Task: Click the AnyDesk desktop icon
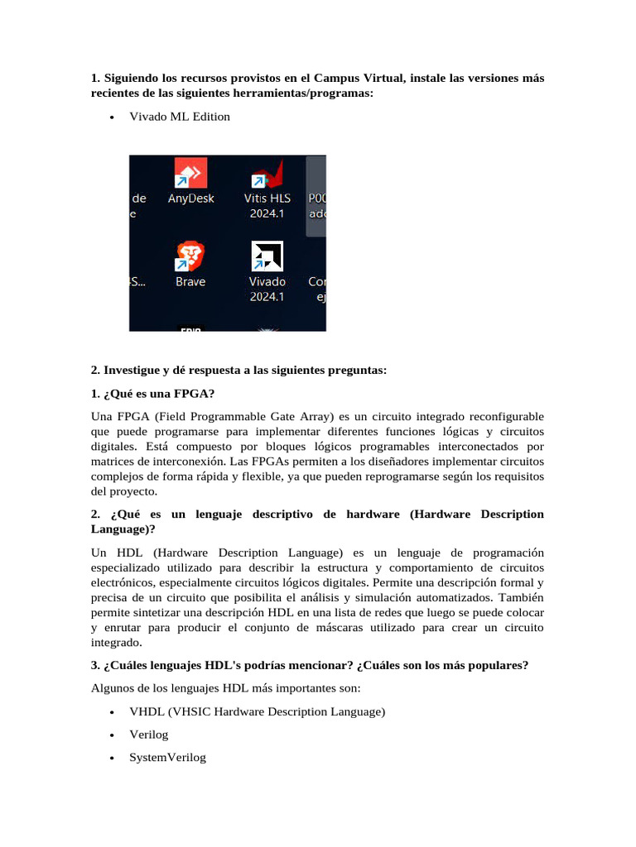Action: [190, 174]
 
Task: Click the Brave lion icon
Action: [190, 256]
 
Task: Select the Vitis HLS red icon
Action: [267, 174]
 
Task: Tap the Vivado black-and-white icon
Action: [267, 256]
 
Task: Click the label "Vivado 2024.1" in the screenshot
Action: [267, 289]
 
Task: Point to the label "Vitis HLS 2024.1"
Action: [267, 206]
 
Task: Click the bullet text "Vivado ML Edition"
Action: [180, 117]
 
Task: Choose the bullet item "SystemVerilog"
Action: [167, 757]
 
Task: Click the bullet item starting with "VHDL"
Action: [257, 711]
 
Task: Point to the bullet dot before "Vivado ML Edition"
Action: [112, 117]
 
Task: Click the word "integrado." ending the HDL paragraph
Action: [117, 642]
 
